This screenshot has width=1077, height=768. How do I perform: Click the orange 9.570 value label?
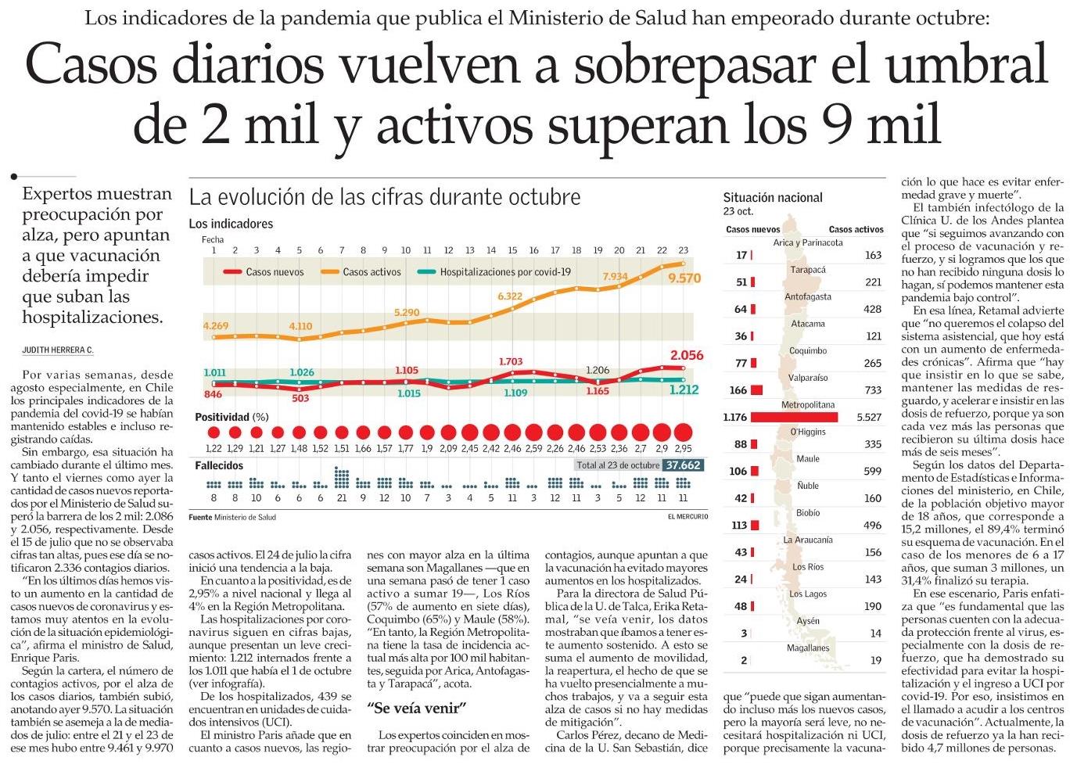(x=684, y=278)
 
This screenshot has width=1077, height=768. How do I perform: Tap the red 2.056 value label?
(x=687, y=355)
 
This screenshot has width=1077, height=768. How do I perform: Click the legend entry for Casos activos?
(x=372, y=272)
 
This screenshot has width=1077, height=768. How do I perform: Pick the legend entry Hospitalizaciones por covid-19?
(x=505, y=272)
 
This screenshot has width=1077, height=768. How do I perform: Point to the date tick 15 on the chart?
(x=512, y=250)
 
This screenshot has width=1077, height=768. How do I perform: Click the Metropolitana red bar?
(x=793, y=417)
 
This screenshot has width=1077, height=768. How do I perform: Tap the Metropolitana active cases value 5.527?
(x=869, y=417)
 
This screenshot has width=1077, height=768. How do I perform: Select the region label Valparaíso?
(x=808, y=378)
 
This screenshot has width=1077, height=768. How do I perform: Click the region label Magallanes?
(x=808, y=648)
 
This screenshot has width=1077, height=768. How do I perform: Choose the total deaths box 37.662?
(x=683, y=465)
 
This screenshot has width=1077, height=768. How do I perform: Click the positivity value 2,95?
(x=683, y=449)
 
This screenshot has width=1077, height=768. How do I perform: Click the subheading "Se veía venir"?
(x=417, y=709)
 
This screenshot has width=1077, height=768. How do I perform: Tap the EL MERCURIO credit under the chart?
(x=687, y=518)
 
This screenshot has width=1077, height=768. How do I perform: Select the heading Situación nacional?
(x=772, y=198)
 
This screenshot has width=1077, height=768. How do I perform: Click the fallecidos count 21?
(x=342, y=498)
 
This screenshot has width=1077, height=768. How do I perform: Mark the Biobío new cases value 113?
(x=739, y=526)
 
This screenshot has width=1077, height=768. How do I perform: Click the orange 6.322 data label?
(x=509, y=296)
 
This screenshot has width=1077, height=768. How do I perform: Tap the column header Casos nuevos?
(x=752, y=230)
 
